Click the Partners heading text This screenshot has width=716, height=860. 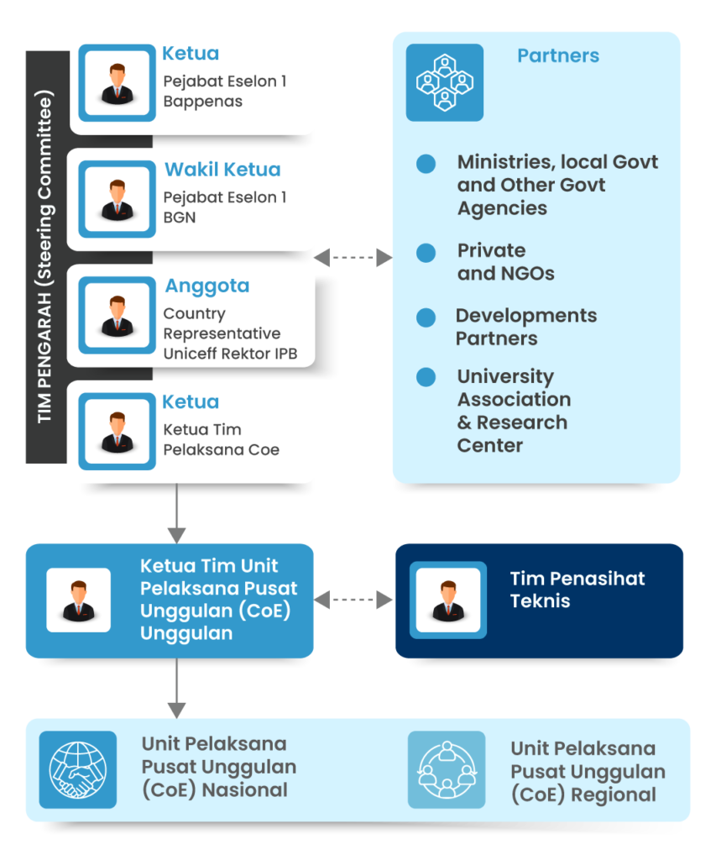click(558, 56)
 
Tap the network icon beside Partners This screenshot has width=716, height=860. click(445, 82)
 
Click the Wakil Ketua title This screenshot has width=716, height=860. click(222, 170)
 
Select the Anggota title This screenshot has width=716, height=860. click(206, 286)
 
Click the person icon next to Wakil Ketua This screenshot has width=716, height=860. click(118, 199)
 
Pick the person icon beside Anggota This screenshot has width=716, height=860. click(118, 315)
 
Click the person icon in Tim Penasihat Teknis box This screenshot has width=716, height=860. click(448, 600)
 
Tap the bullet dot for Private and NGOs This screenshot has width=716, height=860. click(426, 252)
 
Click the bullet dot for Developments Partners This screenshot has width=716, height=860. click(426, 317)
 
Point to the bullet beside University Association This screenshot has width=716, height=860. click(426, 377)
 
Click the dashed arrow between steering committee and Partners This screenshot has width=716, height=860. click(353, 258)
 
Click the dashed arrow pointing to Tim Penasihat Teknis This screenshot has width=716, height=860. click(353, 599)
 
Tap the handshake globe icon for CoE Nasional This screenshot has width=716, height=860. click(78, 769)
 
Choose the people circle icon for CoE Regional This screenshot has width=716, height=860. click(447, 769)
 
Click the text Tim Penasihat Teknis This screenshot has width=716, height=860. click(577, 590)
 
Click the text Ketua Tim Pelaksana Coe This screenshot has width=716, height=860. click(221, 440)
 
